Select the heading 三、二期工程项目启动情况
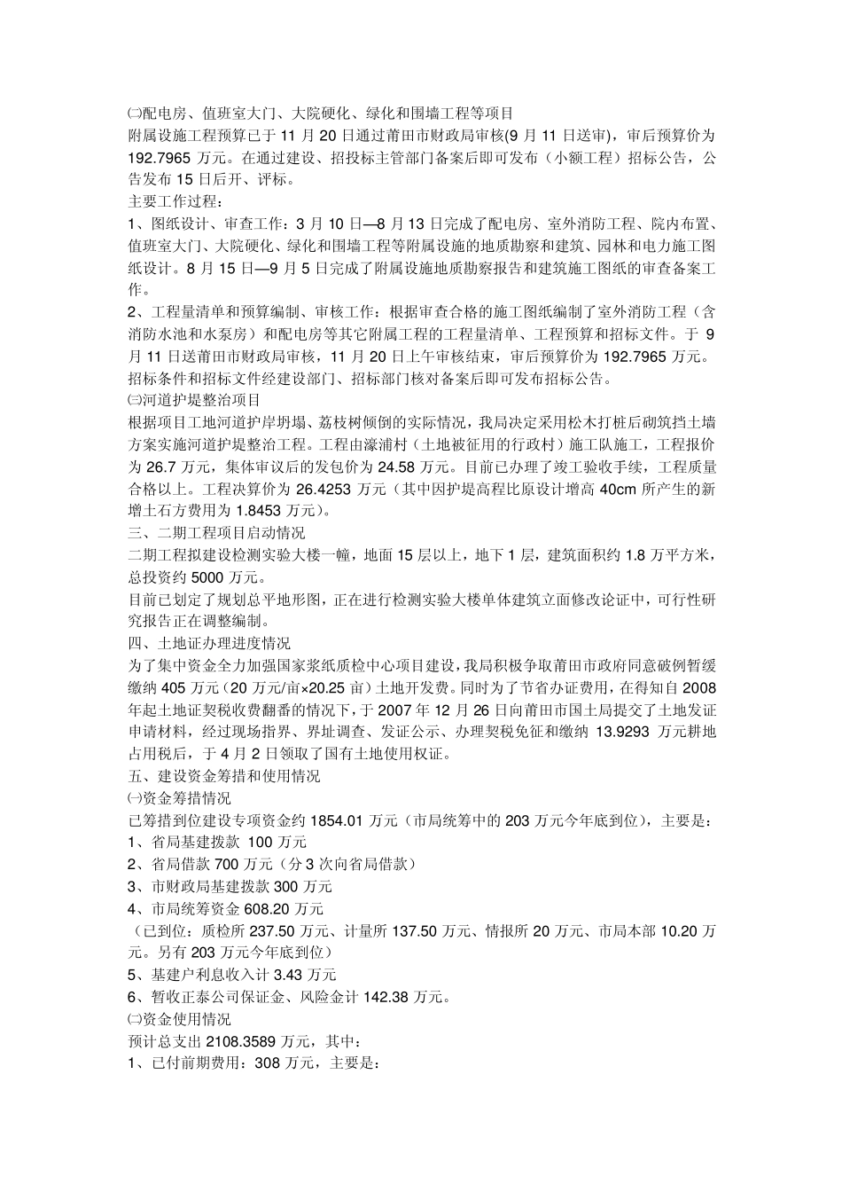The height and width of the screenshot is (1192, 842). tap(216, 533)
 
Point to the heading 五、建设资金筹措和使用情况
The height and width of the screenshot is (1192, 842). tap(224, 776)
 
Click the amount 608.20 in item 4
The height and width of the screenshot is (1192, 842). tap(269, 908)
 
